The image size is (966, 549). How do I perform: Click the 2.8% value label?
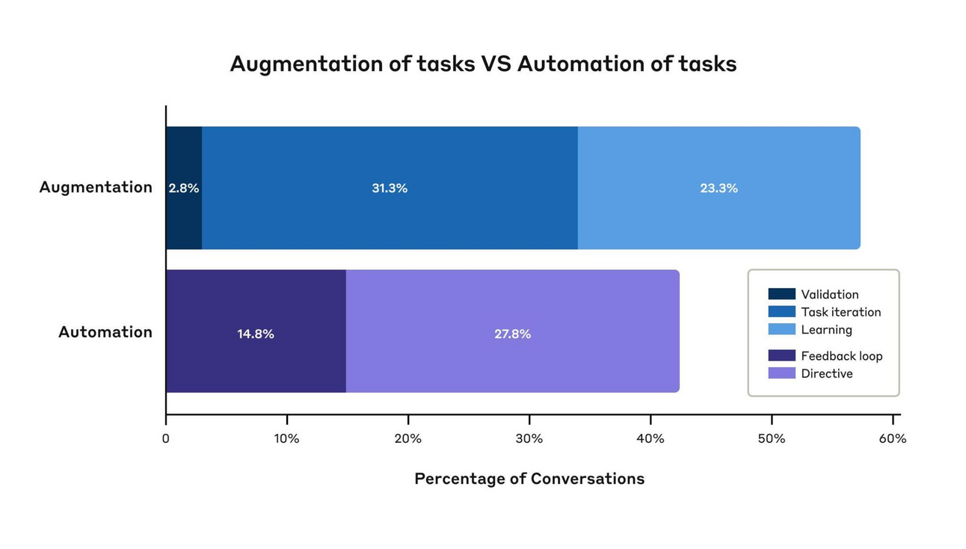click(x=184, y=188)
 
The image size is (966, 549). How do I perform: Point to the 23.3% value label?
click(x=719, y=188)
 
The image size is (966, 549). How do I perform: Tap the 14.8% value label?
click(x=256, y=334)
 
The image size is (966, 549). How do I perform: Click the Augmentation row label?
click(x=96, y=187)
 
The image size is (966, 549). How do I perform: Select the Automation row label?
click(x=105, y=332)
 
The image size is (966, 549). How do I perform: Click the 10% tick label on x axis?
click(x=286, y=439)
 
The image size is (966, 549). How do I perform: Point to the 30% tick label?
click(x=529, y=439)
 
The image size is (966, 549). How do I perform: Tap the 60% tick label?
click(x=892, y=439)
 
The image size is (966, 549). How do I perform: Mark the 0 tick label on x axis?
click(x=166, y=439)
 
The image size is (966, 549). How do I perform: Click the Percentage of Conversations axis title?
click(x=529, y=479)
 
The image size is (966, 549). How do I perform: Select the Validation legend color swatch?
click(x=781, y=295)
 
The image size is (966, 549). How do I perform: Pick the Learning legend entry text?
click(x=826, y=330)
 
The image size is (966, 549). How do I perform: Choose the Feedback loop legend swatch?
click(x=781, y=356)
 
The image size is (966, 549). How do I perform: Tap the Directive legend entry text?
click(x=826, y=374)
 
